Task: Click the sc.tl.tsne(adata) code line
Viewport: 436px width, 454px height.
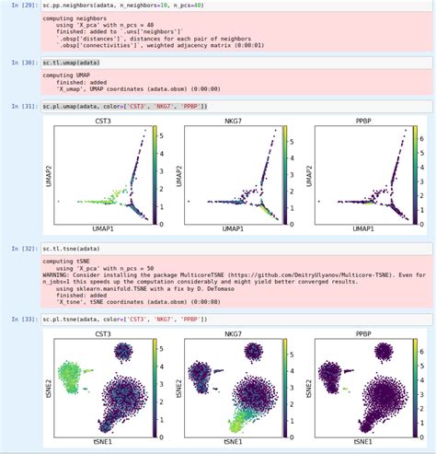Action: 75,249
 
